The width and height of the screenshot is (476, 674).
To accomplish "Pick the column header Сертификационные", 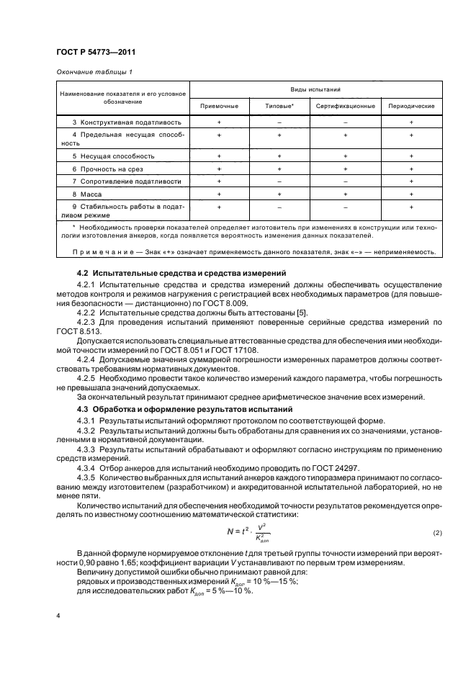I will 345,106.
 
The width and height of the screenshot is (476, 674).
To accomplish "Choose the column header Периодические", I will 411,106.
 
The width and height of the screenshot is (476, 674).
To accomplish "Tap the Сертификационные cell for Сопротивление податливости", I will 345,181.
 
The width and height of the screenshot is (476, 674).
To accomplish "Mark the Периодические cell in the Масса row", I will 411,194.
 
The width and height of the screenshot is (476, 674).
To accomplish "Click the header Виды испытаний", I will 315,91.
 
